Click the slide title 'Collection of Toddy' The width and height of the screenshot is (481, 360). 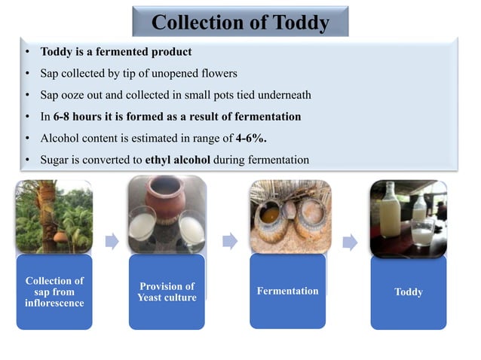point(240,23)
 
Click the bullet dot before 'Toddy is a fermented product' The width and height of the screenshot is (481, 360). point(26,53)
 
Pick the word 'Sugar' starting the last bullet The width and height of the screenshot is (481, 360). point(55,160)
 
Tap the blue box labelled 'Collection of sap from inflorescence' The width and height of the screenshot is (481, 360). point(54,291)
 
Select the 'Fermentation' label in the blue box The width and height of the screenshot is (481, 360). point(287,291)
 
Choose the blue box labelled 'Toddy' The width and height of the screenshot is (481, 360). point(408,291)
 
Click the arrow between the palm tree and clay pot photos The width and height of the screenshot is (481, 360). point(112,241)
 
